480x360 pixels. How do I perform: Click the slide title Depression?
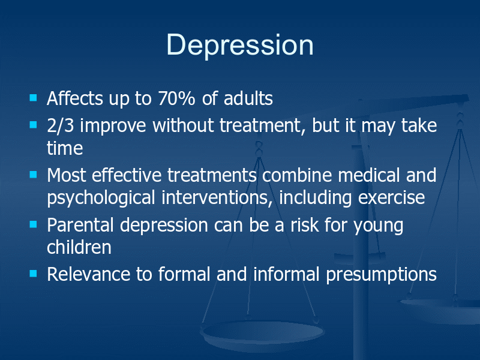(240, 46)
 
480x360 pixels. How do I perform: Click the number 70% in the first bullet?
(176, 98)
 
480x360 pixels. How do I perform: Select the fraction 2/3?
(61, 125)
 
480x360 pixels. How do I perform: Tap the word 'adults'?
(248, 98)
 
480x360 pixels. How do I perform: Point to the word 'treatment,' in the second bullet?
(262, 126)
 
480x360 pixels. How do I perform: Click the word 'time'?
(65, 148)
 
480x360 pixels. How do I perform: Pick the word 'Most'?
(67, 175)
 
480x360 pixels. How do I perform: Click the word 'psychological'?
(101, 198)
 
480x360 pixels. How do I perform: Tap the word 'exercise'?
(392, 198)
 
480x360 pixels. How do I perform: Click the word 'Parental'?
(80, 224)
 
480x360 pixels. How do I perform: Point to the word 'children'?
(79, 247)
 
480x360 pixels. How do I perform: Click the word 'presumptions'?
(381, 275)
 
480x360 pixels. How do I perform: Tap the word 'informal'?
(287, 274)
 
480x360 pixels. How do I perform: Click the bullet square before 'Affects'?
(33, 98)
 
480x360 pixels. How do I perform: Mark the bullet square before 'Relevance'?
(33, 274)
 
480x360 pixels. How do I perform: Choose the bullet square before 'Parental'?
(33, 224)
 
